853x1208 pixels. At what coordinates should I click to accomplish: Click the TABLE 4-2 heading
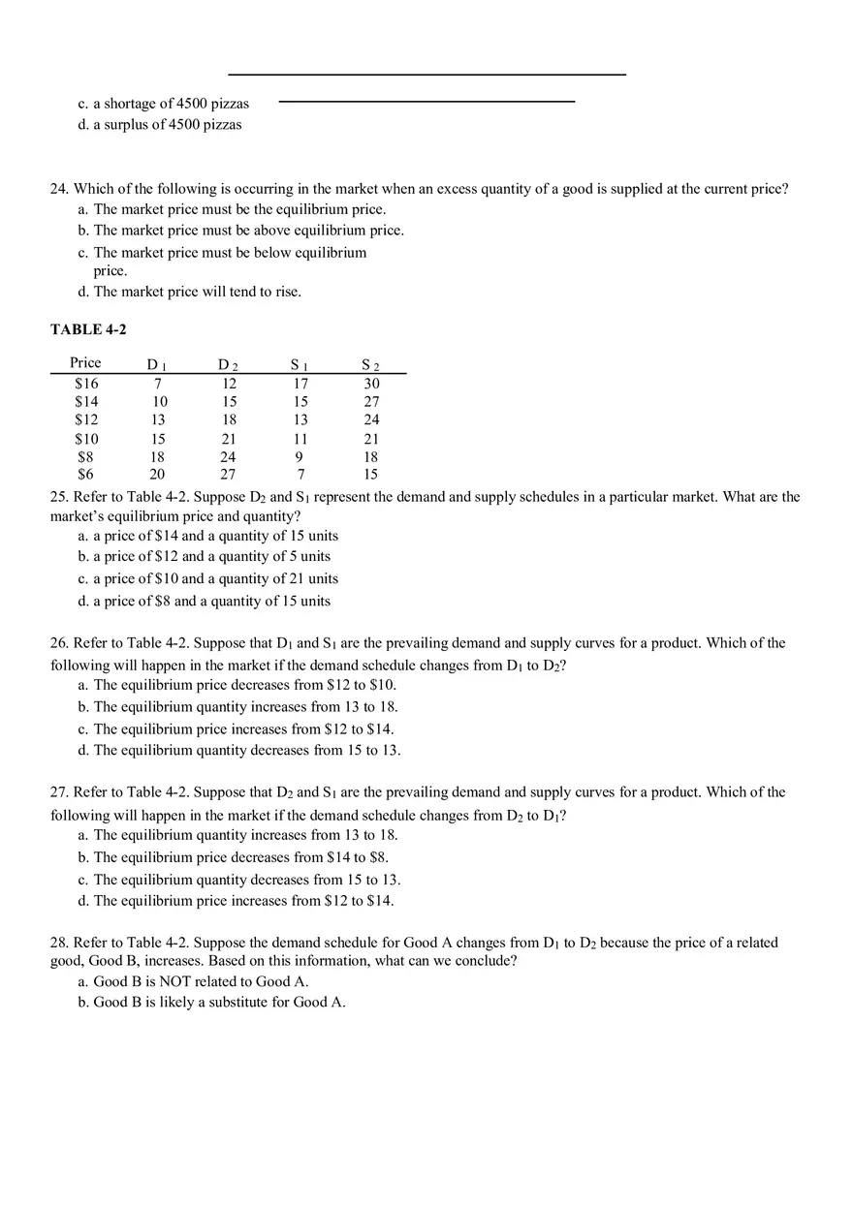coord(88,329)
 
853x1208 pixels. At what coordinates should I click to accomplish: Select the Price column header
coord(85,362)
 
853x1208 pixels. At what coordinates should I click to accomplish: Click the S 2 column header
coord(370,365)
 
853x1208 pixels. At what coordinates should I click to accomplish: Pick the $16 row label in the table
coord(86,384)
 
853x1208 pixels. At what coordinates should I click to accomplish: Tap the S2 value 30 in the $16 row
coord(371,384)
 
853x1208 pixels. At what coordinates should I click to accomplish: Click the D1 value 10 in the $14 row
coord(160,401)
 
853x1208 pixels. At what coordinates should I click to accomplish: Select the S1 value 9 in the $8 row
coord(300,457)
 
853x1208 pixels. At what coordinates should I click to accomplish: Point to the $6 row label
coord(86,475)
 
